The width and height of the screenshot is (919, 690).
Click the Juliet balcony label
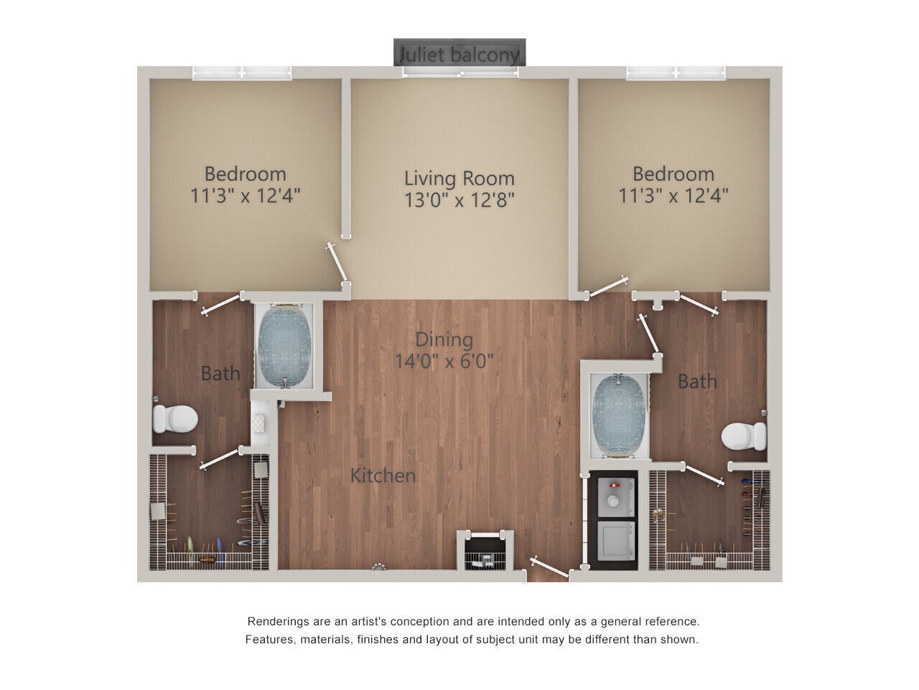coord(459,53)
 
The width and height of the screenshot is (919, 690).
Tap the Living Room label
coord(459,178)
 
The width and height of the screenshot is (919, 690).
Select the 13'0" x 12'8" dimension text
coord(459,199)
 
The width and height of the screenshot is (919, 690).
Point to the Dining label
coord(444,339)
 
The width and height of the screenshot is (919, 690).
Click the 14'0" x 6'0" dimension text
coord(444,361)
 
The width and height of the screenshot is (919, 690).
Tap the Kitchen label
coord(383,475)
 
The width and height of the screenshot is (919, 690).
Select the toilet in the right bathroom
coord(744,435)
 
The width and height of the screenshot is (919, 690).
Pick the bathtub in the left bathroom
coord(284,346)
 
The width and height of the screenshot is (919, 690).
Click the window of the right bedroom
coord(676,73)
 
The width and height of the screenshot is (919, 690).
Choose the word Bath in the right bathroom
coord(697,381)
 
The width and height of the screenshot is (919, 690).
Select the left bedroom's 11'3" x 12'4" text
coord(246,195)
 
